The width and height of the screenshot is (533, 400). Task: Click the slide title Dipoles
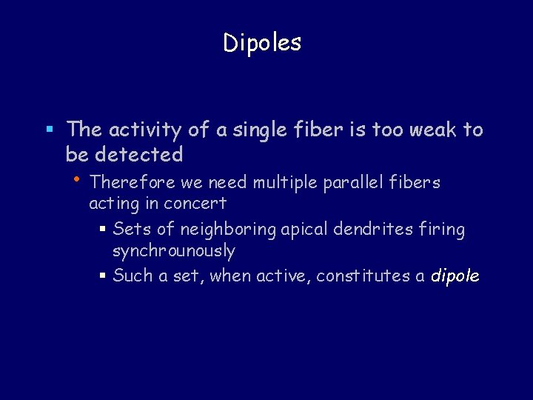[262, 43]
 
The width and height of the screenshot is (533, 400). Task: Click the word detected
[137, 154]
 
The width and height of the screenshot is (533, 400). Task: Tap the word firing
[442, 230]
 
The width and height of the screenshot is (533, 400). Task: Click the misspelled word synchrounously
[173, 251]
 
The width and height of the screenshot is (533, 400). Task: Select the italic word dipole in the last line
[455, 276]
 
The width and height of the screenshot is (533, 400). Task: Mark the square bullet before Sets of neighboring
[103, 230]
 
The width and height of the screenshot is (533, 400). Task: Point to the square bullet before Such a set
[103, 276]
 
